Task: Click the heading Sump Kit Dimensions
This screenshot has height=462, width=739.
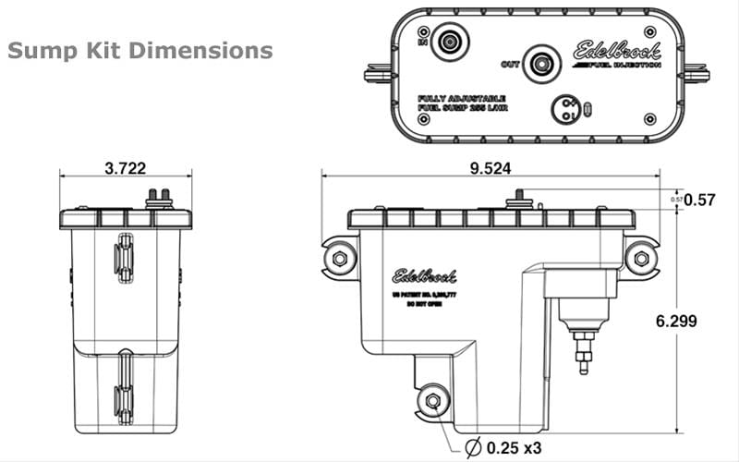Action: [x=139, y=50]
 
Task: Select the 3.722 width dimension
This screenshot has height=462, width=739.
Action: [x=125, y=168]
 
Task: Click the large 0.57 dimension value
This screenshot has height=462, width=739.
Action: [x=704, y=200]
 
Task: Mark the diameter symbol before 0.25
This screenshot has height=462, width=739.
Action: [x=472, y=447]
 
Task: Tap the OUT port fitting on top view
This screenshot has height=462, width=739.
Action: [x=540, y=63]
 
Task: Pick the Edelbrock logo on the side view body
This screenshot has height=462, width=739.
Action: [x=424, y=274]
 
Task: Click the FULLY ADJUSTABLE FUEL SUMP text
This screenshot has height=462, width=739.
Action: [x=462, y=103]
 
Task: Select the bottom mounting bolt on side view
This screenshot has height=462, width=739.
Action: [x=431, y=401]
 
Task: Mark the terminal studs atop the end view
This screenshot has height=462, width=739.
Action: [x=158, y=197]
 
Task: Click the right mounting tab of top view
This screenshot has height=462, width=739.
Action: [x=695, y=72]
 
